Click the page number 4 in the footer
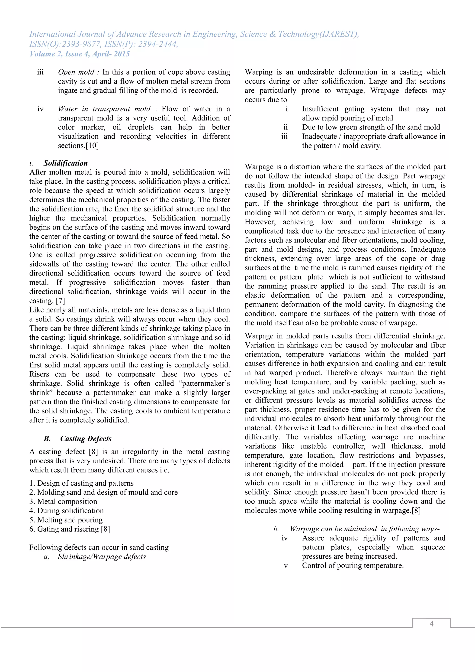431,624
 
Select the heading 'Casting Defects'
86,438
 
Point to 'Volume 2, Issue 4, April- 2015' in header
79,54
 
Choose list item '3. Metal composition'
63,501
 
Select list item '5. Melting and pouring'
66,520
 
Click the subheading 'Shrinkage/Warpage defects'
102,556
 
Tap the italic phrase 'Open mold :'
78,72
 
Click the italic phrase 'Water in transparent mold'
104,109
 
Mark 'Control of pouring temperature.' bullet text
353,565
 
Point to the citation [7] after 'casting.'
60,301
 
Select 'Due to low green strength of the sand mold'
371,127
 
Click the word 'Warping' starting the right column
258,72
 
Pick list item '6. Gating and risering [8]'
70,529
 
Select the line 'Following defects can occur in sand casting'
99,547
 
